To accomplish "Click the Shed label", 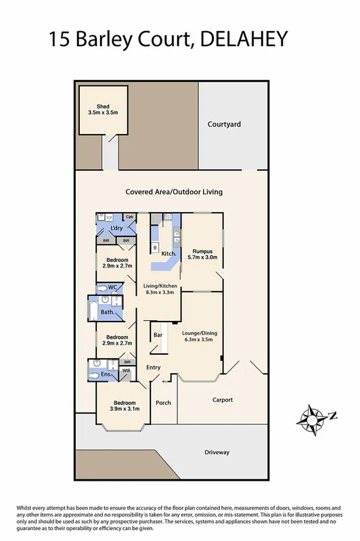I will point(103,106).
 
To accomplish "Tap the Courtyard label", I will point(224,125).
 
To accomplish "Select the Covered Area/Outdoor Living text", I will point(174,192).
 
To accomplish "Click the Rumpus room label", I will point(203,251).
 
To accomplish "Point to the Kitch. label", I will point(168,254).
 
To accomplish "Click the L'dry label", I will point(116,228).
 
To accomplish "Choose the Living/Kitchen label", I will point(159,287).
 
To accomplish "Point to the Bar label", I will point(158,335).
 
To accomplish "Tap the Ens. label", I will point(106,374).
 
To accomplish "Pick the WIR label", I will point(126,371).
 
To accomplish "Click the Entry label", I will point(154,367).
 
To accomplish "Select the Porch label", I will point(163,403).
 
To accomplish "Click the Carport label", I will point(223,399).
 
